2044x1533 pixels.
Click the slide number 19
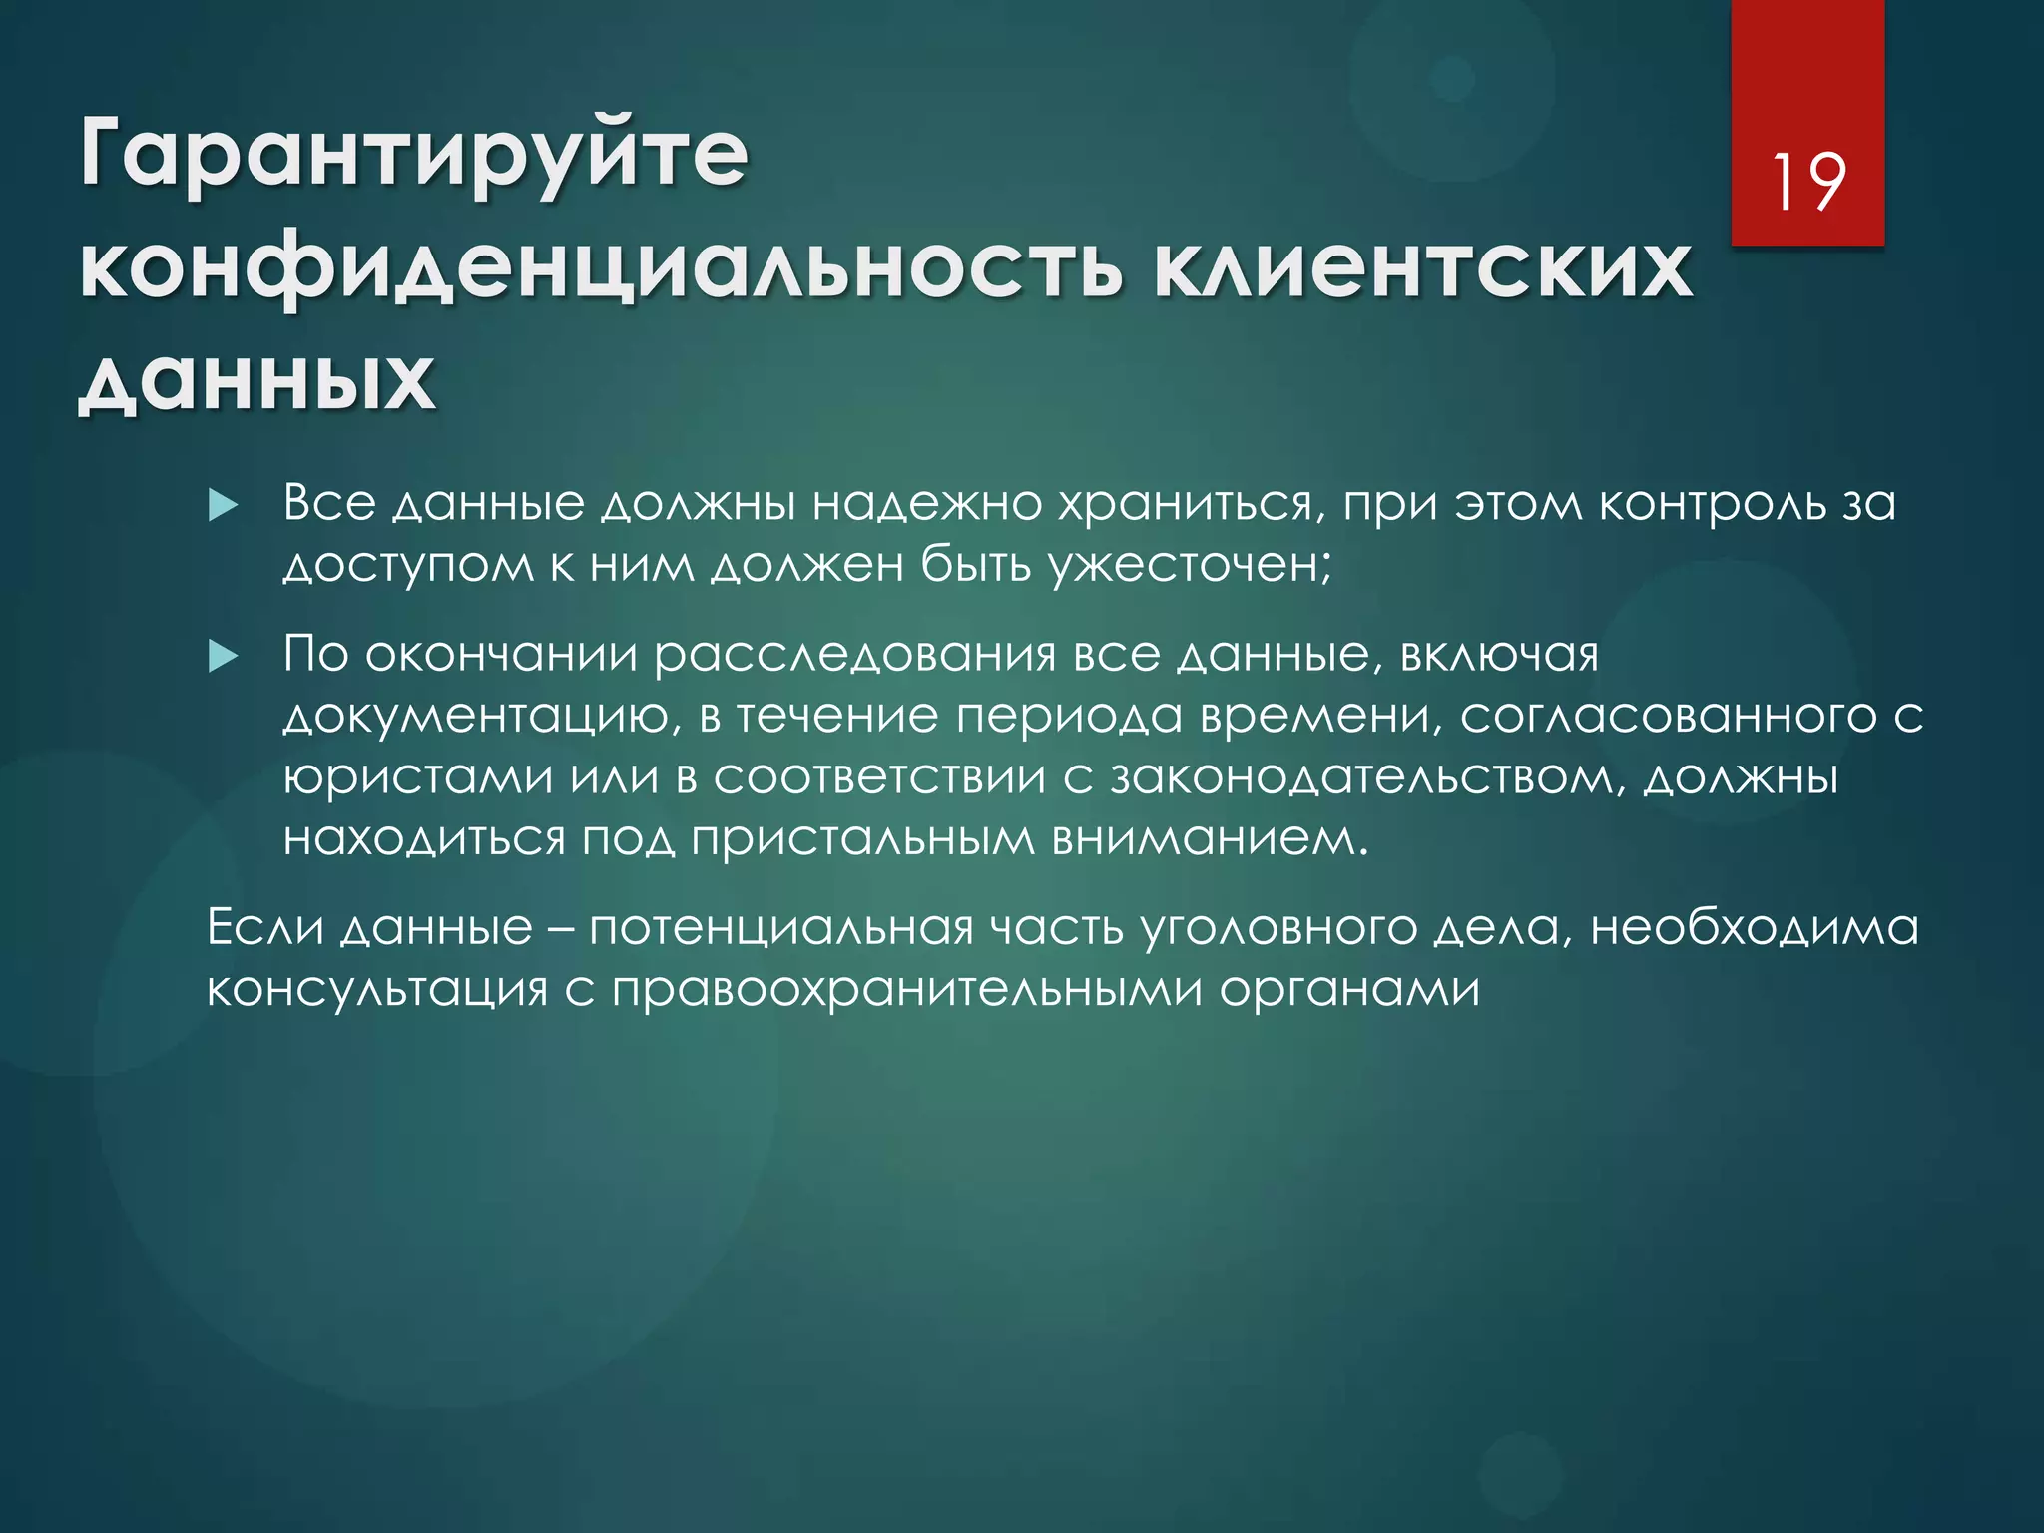coord(1806,182)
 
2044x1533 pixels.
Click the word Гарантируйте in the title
coord(413,155)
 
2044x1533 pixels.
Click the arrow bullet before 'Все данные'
coord(223,506)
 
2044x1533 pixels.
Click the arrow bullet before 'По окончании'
coord(223,657)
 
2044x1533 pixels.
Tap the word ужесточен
coord(1190,566)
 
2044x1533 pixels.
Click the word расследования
coord(854,655)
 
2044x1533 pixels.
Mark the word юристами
coord(418,777)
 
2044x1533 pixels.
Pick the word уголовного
coord(1278,929)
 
